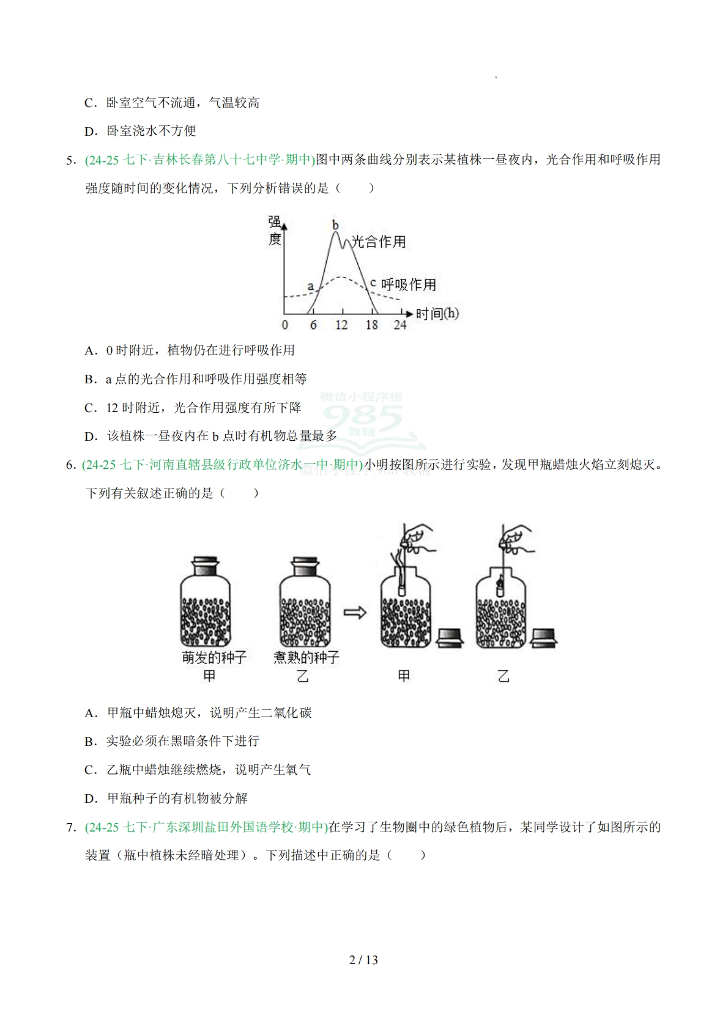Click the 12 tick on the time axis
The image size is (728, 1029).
(x=341, y=325)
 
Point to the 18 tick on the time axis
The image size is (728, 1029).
(x=371, y=325)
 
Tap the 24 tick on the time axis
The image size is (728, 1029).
(x=399, y=325)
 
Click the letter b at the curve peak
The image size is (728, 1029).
(x=335, y=225)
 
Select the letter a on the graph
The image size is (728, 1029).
(x=310, y=286)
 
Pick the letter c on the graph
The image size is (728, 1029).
(x=373, y=283)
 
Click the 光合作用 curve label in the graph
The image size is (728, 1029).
(x=379, y=242)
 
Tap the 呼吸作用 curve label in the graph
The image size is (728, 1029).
(x=408, y=285)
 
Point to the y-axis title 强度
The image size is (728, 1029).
(x=275, y=231)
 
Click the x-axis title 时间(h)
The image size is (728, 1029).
(x=437, y=314)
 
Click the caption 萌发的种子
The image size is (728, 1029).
(x=214, y=658)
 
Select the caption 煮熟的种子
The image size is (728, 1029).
(x=306, y=658)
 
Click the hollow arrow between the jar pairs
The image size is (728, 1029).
(x=354, y=612)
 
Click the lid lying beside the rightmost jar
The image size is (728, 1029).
(x=544, y=637)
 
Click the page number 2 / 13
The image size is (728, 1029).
(x=363, y=961)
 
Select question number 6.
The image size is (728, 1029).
(x=70, y=465)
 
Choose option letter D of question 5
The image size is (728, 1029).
(x=91, y=437)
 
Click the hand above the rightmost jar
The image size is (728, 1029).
(x=517, y=537)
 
